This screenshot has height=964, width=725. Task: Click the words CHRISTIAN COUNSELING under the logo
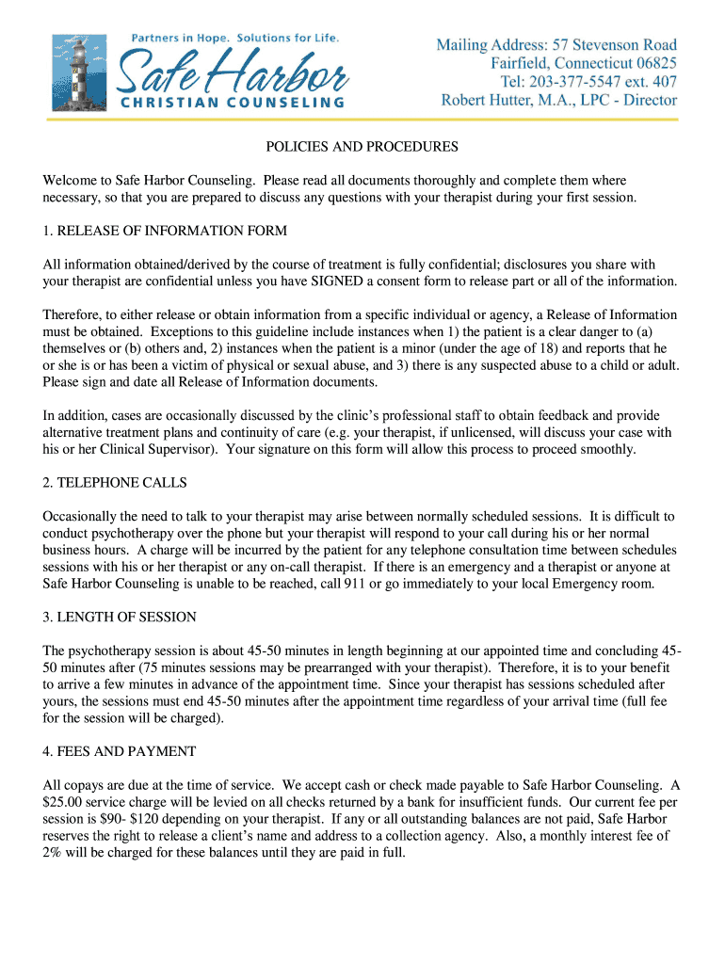pos(231,102)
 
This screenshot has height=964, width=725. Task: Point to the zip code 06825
pos(651,63)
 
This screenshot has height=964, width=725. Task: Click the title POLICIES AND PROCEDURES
pos(362,147)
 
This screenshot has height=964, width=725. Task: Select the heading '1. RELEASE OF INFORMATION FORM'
pos(165,231)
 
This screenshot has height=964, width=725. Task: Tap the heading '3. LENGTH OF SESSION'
pos(120,618)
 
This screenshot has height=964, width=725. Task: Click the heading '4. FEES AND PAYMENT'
pos(120,751)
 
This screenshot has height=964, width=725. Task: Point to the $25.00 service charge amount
pos(64,802)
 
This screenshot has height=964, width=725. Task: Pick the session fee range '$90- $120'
pos(117,819)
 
